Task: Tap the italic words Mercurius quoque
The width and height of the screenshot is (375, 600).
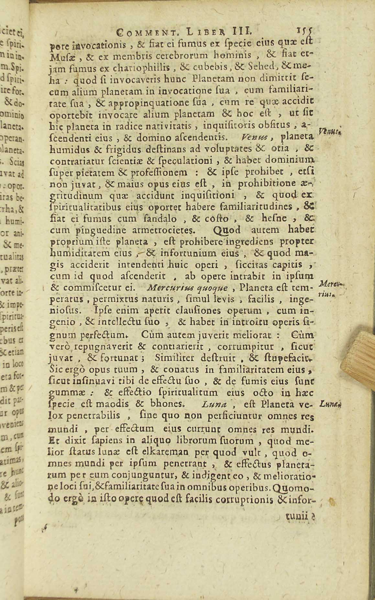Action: click(187, 287)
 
